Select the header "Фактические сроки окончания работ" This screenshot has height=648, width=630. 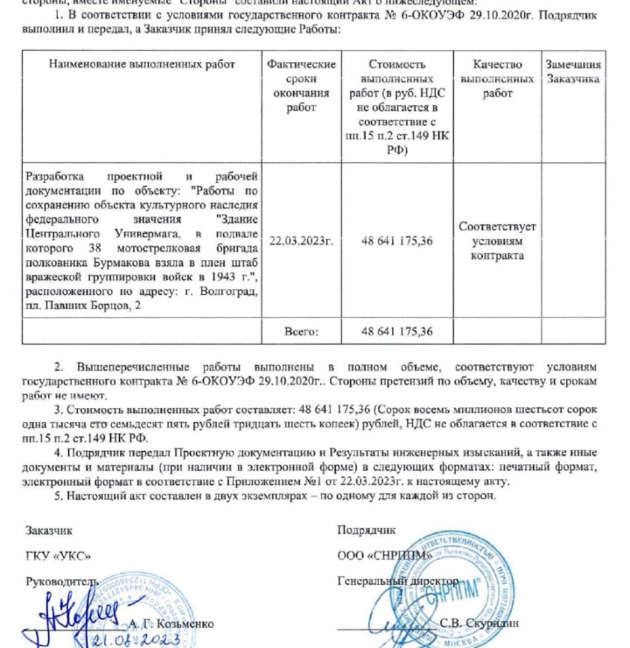301,86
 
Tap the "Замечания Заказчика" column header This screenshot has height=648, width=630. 573,72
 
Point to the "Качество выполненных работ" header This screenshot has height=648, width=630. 497,79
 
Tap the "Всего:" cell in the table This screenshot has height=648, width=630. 301,332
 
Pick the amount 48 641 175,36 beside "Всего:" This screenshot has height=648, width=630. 397,332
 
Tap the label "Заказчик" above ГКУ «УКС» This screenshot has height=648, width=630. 49,531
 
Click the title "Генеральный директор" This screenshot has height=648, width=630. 398,581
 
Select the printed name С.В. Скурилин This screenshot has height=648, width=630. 483,623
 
